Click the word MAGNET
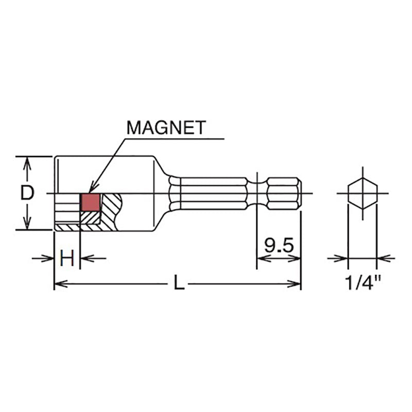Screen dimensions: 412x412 click(166, 127)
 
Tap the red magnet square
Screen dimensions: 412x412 click(89, 202)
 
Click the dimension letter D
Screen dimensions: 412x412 click(27, 193)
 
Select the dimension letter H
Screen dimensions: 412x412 click(67, 258)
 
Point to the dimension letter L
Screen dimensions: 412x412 click(178, 283)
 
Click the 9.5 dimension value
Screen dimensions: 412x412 click(279, 246)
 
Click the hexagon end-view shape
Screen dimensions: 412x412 click(362, 194)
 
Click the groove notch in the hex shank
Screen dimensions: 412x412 click(256, 194)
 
